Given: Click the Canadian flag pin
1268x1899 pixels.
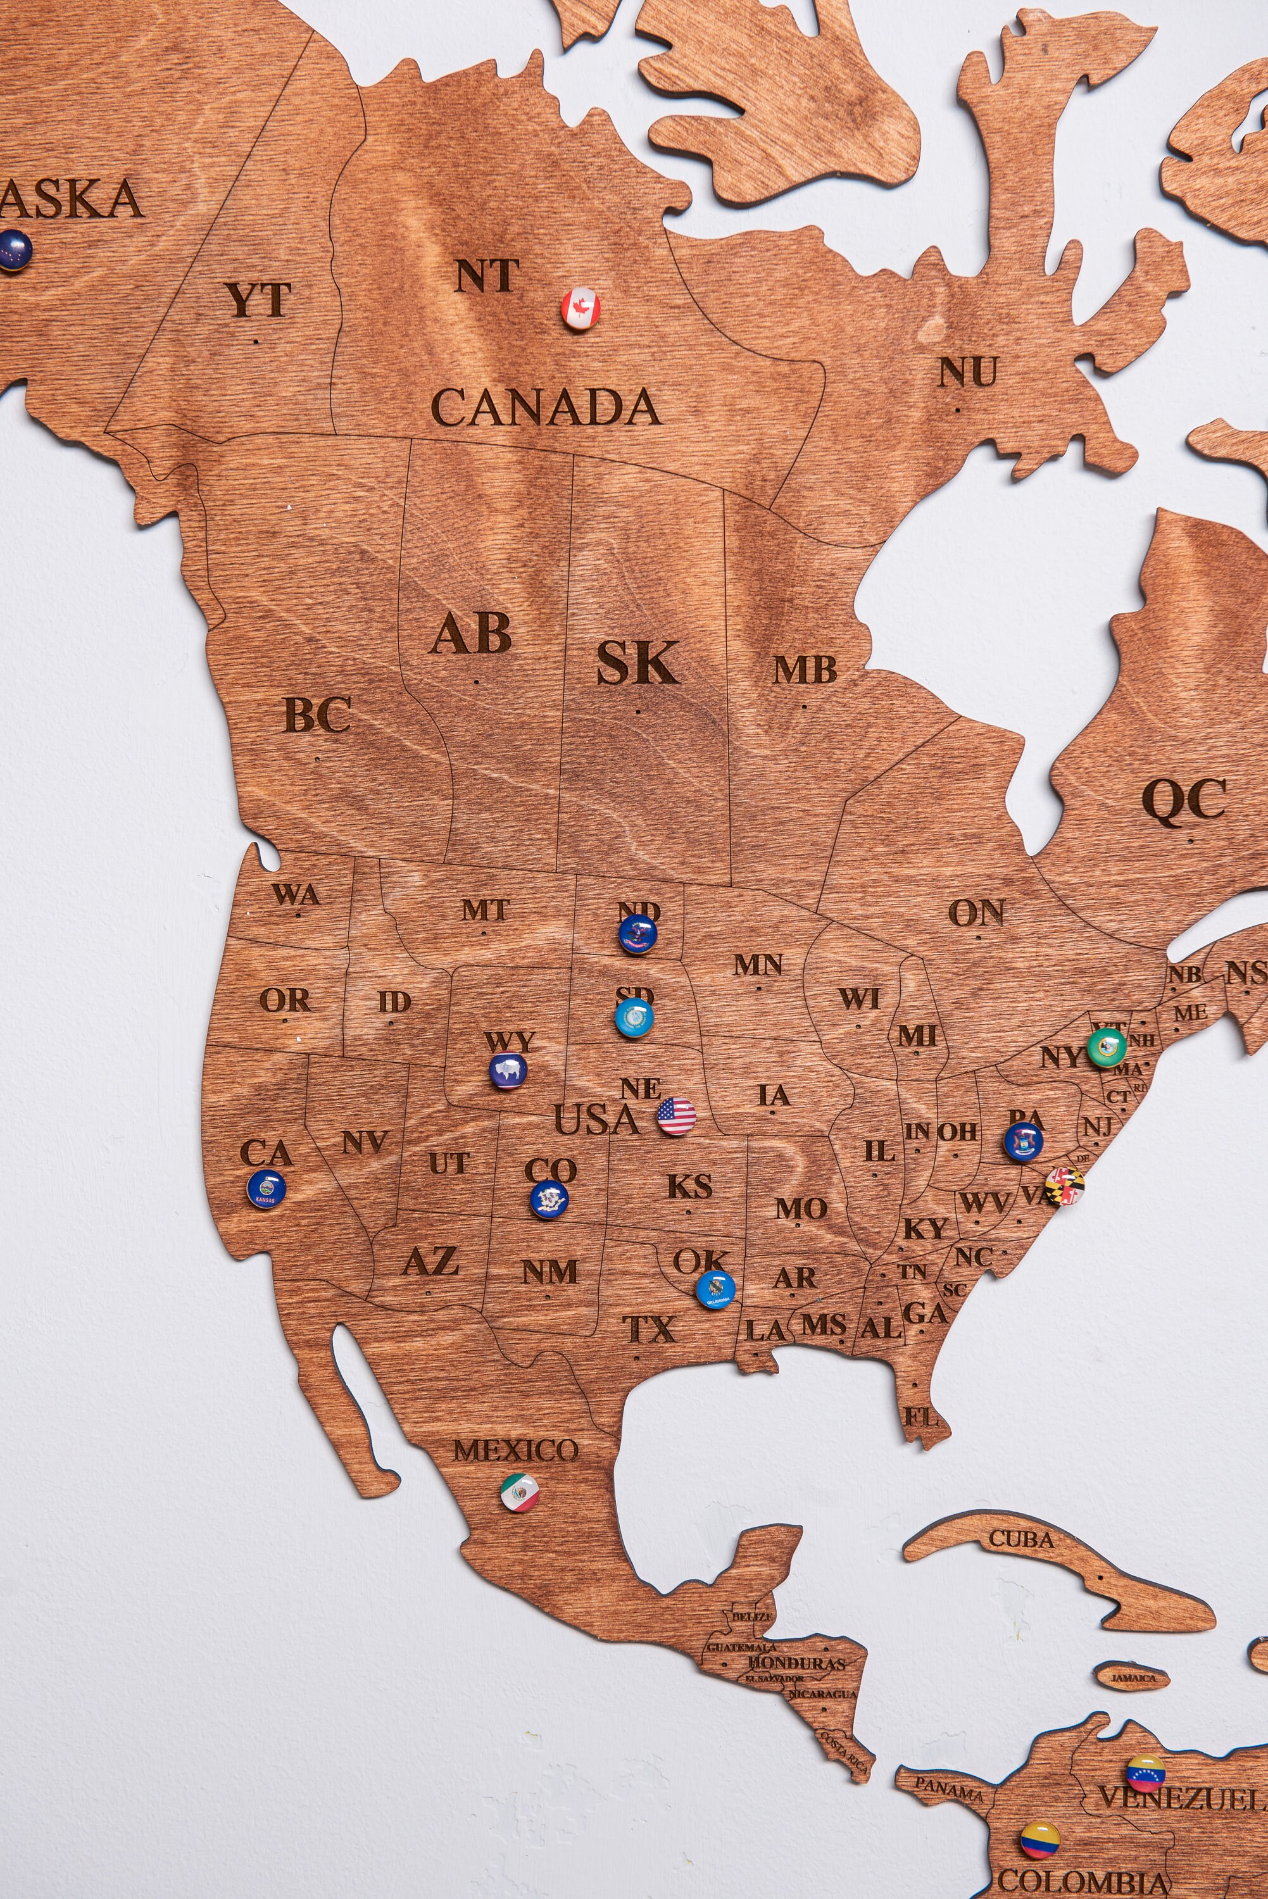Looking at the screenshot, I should pyautogui.click(x=581, y=307).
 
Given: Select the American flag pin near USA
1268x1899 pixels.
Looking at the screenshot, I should pyautogui.click(x=676, y=1117).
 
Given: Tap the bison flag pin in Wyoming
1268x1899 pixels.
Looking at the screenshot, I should pyautogui.click(x=508, y=1072).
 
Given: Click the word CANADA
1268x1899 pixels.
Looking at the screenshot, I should pyautogui.click(x=547, y=406).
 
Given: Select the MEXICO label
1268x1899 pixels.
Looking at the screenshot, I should pyautogui.click(x=516, y=1450).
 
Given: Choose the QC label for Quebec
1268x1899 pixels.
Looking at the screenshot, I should pyautogui.click(x=1184, y=800).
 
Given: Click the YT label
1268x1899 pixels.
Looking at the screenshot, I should pyautogui.click(x=258, y=300).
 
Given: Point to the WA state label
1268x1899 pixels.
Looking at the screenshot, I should pyautogui.click(x=296, y=894).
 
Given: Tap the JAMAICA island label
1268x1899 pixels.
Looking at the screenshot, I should pyautogui.click(x=1132, y=1678).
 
